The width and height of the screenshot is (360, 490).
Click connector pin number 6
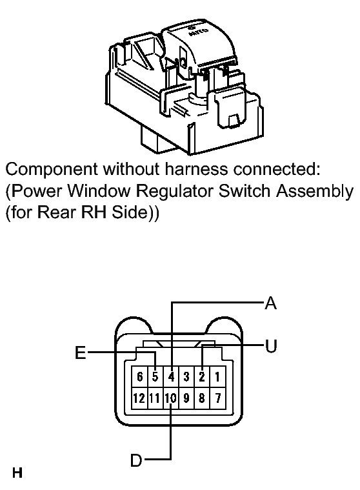tap(139, 377)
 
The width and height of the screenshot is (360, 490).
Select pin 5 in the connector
tap(155, 377)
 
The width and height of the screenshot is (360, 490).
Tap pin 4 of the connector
tap(171, 377)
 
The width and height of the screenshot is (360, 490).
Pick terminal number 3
tap(186, 377)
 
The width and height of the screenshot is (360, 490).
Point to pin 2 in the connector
tap(202, 377)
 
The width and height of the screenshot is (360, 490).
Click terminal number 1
tap(217, 377)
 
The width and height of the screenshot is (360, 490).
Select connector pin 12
tap(139, 398)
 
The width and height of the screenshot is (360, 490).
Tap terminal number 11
tap(155, 398)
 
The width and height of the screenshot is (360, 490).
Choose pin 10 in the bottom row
tap(171, 398)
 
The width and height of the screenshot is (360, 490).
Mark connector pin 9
tap(186, 398)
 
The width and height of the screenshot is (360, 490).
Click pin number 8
tap(202, 398)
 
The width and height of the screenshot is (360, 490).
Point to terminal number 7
tap(217, 398)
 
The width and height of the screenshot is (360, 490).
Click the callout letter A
tap(270, 303)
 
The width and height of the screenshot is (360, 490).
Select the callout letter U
tap(271, 346)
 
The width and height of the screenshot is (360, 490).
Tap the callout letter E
tap(81, 352)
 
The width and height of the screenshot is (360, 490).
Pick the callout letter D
tap(136, 460)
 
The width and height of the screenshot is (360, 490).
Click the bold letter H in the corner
tap(17, 472)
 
